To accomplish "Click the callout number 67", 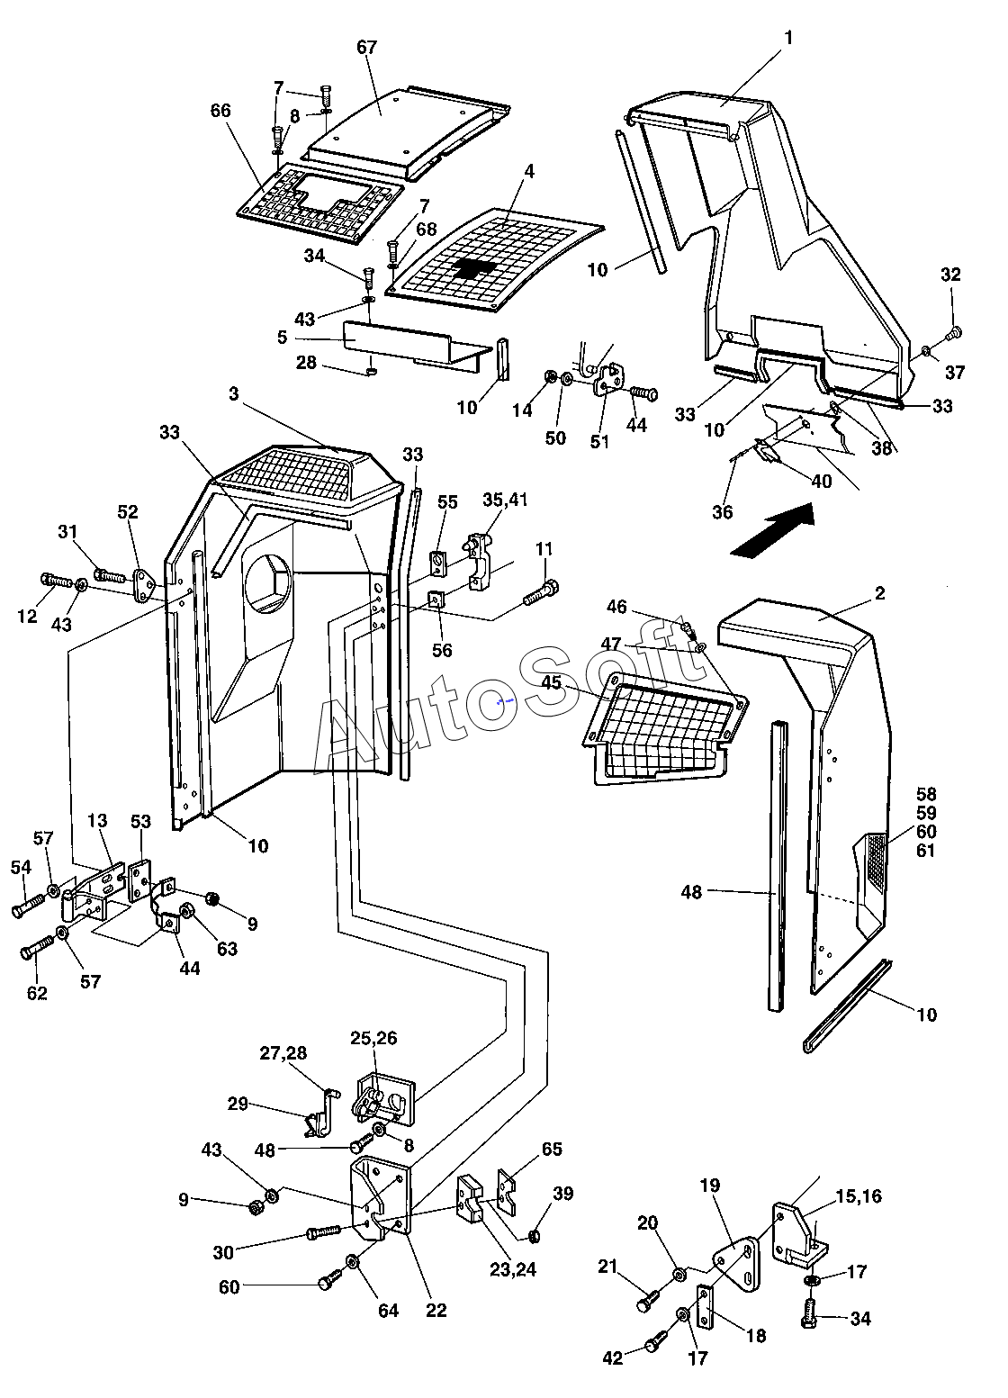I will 367,48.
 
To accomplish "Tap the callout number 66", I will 220,112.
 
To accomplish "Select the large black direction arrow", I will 772,532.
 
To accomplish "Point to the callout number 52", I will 127,512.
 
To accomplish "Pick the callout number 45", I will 552,682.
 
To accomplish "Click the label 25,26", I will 373,1039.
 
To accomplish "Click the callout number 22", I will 436,1310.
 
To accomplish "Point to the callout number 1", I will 789,38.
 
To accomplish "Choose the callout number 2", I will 879,593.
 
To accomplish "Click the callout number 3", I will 233,394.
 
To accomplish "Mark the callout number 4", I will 530,171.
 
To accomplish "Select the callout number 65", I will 552,1150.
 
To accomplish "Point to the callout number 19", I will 710,1186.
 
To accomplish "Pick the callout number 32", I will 951,275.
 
